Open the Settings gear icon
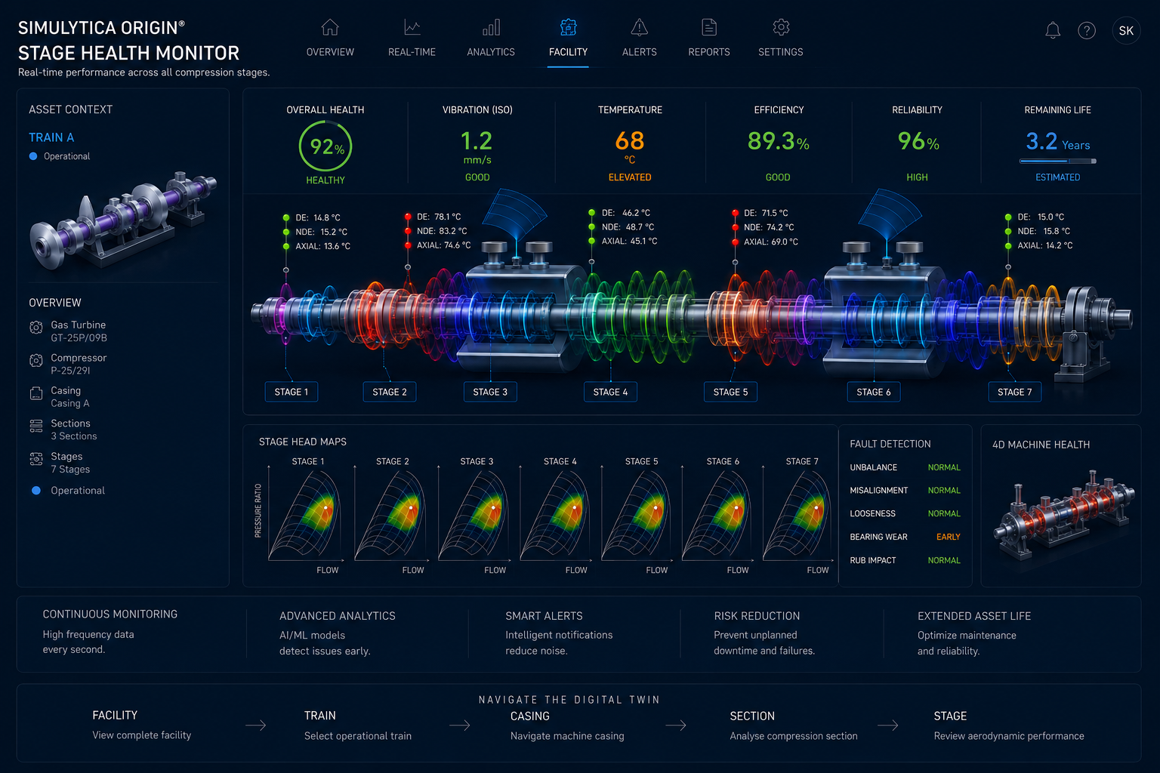pos(780,27)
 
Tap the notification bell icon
pos(1052,30)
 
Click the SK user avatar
pos(1126,30)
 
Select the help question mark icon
pos(1087,30)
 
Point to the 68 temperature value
pos(630,141)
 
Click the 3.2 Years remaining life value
pos(1057,142)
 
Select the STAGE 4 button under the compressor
pos(610,392)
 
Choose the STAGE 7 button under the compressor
pos(1014,392)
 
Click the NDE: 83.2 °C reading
pos(442,231)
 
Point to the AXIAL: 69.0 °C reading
pos(770,242)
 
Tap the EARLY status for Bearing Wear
pos(949,537)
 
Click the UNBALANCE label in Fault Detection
pos(873,467)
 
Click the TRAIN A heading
pos(51,137)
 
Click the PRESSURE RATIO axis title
pos(258,511)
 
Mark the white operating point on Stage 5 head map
pos(655,508)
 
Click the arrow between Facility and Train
pos(256,725)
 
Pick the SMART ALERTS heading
pos(544,615)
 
